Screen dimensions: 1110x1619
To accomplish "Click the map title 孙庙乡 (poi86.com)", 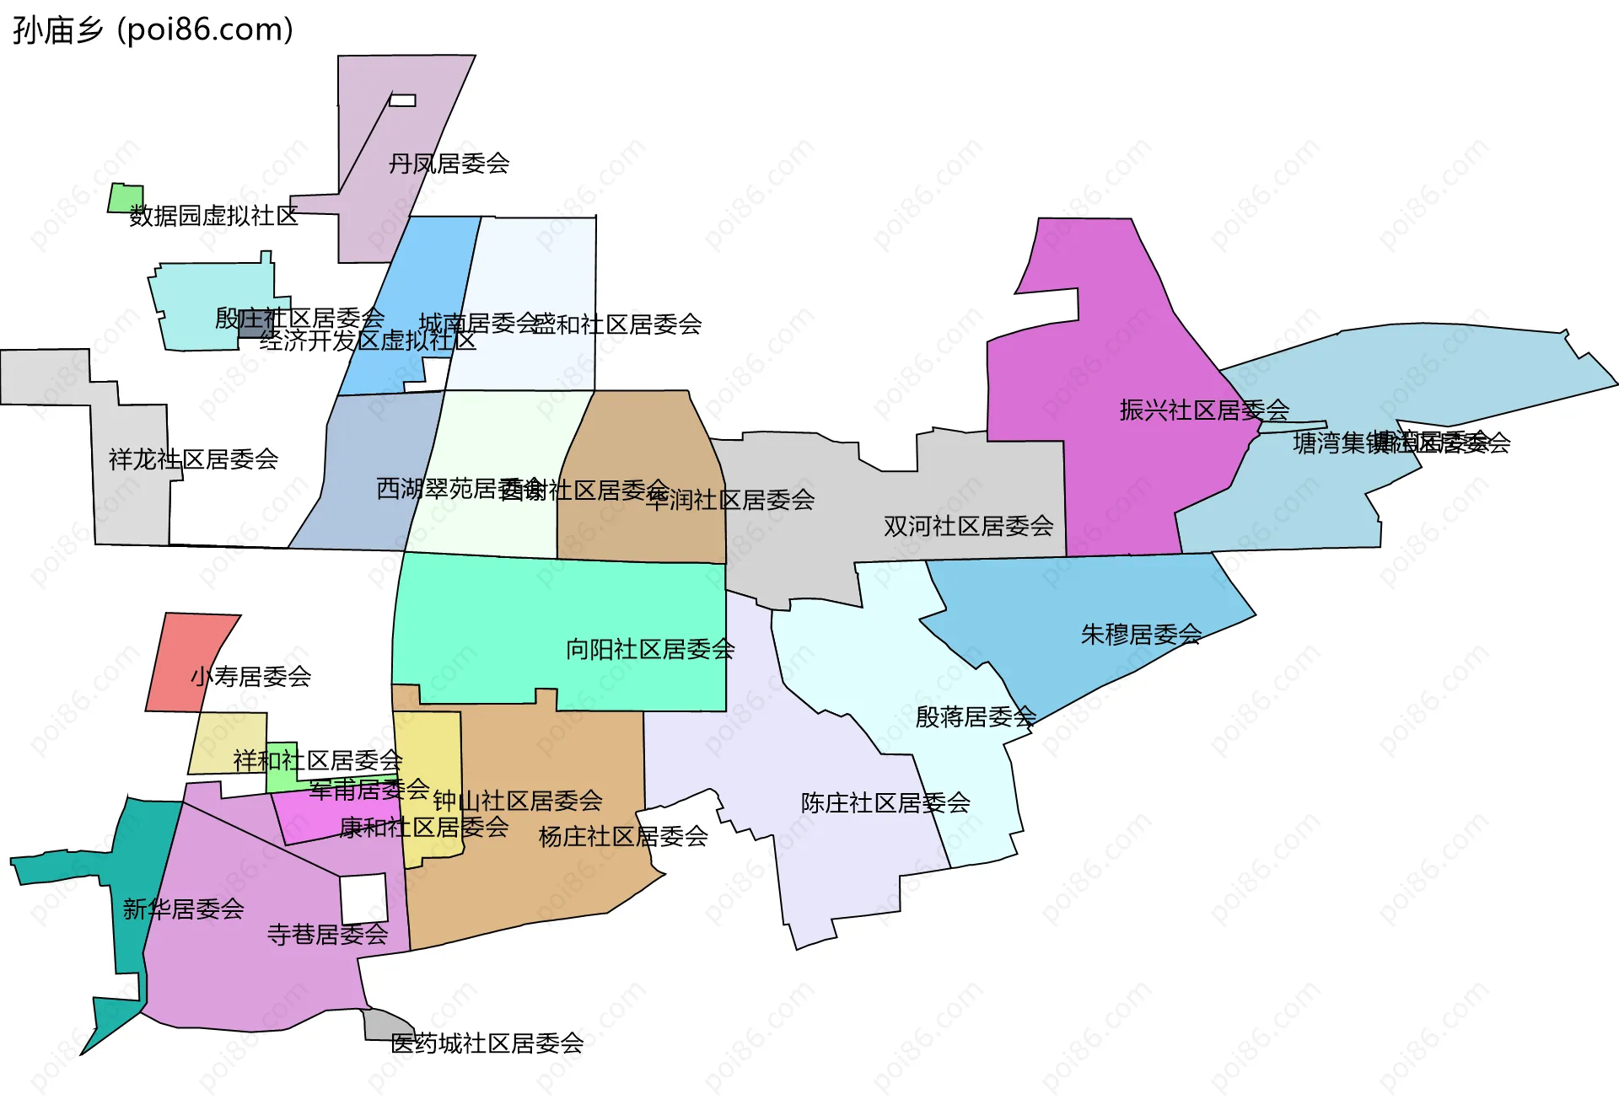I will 153,29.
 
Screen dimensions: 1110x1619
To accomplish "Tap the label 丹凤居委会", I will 449,164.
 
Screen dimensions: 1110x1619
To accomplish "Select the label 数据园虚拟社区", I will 213,216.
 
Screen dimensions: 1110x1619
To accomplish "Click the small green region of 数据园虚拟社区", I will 126,199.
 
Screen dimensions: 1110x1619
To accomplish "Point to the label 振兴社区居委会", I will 1204,410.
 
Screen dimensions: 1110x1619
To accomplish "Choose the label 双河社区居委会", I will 968,526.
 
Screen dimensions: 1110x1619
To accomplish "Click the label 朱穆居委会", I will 1141,634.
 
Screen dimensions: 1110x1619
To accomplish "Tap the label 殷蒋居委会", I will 976,716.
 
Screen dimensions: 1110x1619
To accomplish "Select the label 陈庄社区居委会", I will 885,802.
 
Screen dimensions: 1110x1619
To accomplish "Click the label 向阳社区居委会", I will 650,649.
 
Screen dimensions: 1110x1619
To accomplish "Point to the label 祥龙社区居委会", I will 193,459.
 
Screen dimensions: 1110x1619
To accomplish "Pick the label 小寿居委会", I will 250,676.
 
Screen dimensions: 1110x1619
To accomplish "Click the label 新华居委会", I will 183,909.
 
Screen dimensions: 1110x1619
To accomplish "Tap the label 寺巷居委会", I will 327,934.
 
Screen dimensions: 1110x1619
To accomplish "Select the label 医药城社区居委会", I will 487,1043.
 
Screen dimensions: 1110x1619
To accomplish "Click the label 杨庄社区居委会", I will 622,836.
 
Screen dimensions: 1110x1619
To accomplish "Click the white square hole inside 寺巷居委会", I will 363,898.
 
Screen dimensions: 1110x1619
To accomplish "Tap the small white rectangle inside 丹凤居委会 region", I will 402,100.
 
